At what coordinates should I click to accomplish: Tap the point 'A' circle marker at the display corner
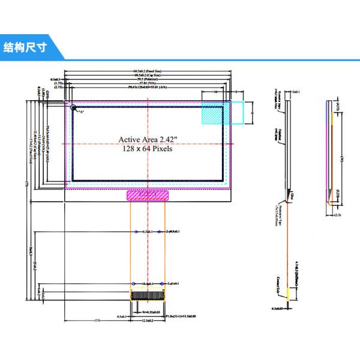(74, 109)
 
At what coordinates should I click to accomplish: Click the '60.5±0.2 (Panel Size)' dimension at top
(148, 71)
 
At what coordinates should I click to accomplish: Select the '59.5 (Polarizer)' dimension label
(148, 79)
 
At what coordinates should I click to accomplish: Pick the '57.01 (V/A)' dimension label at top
(148, 83)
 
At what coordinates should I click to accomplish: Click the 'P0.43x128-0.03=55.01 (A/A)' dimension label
(148, 88)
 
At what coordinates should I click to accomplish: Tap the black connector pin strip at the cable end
(148, 295)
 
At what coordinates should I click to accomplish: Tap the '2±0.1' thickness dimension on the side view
(296, 92)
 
